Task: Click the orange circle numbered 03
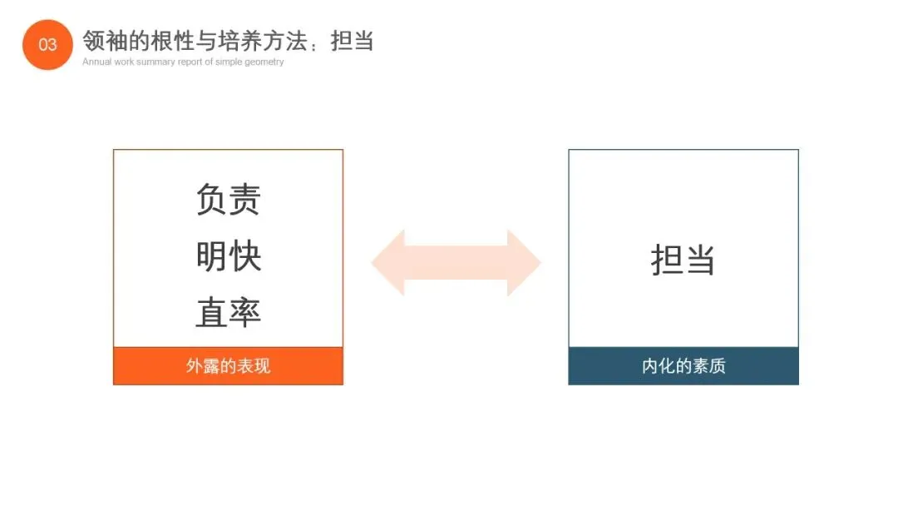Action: point(47,44)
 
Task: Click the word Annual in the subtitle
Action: point(96,62)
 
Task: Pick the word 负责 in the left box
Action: point(229,200)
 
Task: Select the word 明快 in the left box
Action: point(229,256)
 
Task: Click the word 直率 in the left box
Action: point(229,312)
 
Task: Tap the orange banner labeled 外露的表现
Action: point(228,366)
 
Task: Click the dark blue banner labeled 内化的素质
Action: point(683,366)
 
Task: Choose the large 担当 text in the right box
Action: point(683,260)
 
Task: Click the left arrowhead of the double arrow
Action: point(387,263)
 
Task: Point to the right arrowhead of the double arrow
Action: point(525,263)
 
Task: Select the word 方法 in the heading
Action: point(287,40)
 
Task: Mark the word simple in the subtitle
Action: point(229,62)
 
